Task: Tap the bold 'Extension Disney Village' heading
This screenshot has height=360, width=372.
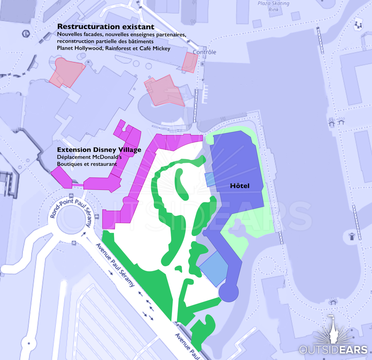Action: pos(99,150)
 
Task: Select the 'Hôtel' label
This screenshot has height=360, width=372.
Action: pos(240,186)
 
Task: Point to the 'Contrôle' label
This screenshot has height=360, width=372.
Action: pos(205,52)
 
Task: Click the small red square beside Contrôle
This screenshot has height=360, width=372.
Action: pos(190,62)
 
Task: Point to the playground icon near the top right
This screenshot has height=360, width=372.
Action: pos(358,25)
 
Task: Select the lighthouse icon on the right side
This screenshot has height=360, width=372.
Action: pos(351,236)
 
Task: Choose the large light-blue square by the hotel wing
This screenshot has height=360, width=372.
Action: pos(214,268)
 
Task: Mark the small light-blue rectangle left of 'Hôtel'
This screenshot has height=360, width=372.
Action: pos(210,179)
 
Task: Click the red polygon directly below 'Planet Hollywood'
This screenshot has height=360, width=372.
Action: pos(66,72)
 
